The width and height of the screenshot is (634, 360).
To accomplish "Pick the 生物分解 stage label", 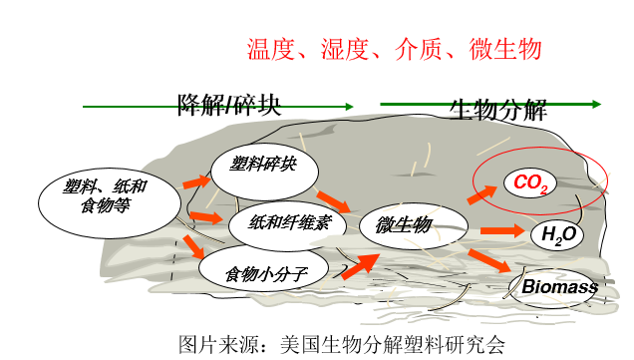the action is tap(498, 109).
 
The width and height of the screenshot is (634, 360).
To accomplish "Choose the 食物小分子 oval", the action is tap(257, 270).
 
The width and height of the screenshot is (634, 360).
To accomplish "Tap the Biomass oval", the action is tap(560, 287).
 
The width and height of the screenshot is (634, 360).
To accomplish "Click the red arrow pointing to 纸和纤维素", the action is tap(205, 216).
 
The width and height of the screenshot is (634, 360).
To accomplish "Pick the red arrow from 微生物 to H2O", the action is tap(502, 232).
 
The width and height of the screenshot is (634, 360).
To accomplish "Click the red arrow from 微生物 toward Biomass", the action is tap(492, 262).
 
